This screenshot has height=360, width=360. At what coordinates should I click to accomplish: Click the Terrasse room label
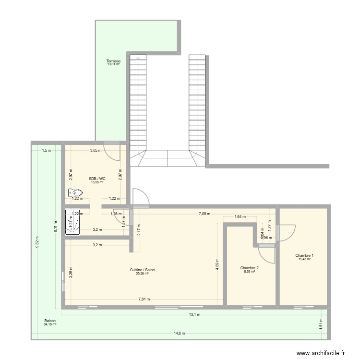(x=113, y=61)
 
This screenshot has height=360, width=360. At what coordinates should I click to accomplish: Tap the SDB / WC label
(x=97, y=179)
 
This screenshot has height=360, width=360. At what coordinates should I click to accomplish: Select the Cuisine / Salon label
(x=142, y=270)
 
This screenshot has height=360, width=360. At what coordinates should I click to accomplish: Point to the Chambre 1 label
(x=304, y=255)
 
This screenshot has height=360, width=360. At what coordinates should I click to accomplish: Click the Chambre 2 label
(x=250, y=268)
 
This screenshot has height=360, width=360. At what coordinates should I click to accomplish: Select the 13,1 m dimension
(x=194, y=315)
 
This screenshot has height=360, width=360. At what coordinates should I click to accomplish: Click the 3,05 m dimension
(x=96, y=150)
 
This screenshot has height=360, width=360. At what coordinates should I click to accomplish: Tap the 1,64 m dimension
(x=240, y=216)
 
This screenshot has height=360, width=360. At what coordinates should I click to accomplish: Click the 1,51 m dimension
(x=321, y=324)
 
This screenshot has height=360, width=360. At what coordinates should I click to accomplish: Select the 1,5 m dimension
(x=46, y=150)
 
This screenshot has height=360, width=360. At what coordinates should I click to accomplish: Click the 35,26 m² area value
(x=142, y=274)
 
